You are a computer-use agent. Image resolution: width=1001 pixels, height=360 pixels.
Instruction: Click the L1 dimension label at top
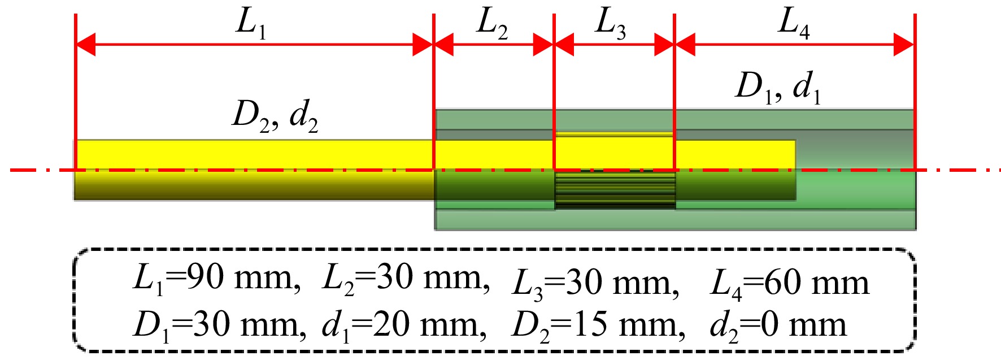[x=251, y=24]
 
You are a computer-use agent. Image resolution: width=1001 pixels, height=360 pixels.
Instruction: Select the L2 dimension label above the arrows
[x=493, y=24]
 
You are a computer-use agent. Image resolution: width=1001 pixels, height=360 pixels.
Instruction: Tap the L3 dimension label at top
[x=611, y=24]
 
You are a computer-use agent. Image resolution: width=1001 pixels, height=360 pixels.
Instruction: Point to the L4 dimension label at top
[x=794, y=24]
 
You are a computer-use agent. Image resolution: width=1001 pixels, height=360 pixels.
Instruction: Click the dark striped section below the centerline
[x=615, y=190]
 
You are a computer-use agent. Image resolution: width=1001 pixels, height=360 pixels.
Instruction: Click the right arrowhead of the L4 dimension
[x=904, y=45]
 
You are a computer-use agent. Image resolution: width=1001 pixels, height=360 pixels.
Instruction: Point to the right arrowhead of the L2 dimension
[x=543, y=45]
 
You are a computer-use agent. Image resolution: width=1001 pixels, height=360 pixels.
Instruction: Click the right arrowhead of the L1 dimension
[x=423, y=45]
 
